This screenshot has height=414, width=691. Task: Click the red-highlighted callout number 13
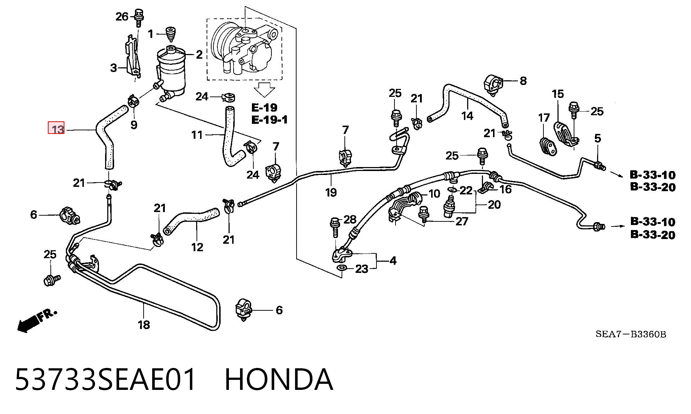click(57, 128)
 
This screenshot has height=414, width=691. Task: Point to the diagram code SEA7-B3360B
click(631, 334)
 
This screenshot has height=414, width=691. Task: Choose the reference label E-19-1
click(269, 120)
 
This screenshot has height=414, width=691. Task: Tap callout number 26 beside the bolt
click(122, 16)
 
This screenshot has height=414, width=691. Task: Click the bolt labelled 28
click(334, 227)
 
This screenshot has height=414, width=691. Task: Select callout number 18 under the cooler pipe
click(144, 325)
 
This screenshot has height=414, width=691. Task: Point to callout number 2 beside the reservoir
click(199, 54)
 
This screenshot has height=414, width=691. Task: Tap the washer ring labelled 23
click(341, 268)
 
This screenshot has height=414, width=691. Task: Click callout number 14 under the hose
click(467, 116)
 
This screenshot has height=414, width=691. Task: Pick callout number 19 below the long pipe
click(331, 192)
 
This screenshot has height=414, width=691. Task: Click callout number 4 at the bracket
click(393, 261)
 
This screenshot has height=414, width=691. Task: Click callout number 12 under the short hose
click(197, 247)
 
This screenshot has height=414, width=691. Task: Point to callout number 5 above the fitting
click(598, 138)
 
